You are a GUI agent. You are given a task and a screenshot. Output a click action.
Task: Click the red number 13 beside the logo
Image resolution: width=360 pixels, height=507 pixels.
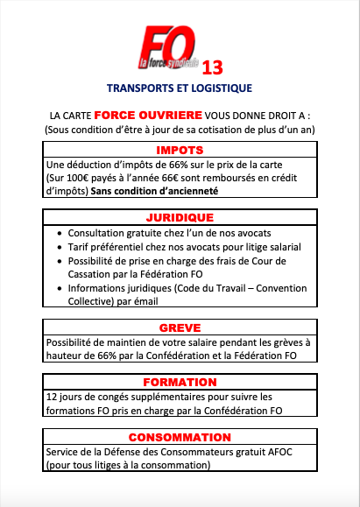click(211, 67)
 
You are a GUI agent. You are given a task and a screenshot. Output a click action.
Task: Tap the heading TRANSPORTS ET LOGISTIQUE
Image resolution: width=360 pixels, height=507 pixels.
click(179, 88)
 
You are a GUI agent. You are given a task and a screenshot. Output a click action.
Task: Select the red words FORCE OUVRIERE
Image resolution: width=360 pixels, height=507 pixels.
click(149, 116)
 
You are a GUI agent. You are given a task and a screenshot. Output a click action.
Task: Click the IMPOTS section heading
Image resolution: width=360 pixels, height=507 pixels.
click(180, 151)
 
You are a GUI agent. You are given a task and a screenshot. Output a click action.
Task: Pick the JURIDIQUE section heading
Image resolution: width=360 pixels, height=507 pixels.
click(180, 216)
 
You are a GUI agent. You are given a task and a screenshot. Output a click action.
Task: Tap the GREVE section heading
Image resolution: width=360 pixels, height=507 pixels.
click(180, 328)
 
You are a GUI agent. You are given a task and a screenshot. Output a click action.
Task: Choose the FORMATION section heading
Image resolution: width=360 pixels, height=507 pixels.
click(180, 382)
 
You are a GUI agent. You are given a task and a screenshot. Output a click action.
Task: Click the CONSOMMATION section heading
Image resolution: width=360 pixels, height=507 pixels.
click(180, 437)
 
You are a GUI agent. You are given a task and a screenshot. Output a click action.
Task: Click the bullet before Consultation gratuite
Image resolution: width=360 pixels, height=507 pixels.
click(59, 233)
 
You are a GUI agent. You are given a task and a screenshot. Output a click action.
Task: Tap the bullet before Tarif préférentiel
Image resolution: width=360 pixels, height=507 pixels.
click(59, 247)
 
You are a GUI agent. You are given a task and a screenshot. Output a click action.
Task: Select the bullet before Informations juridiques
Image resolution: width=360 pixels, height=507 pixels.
click(59, 287)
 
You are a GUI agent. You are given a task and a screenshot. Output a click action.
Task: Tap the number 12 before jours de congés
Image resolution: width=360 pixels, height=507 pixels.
click(53, 396)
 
